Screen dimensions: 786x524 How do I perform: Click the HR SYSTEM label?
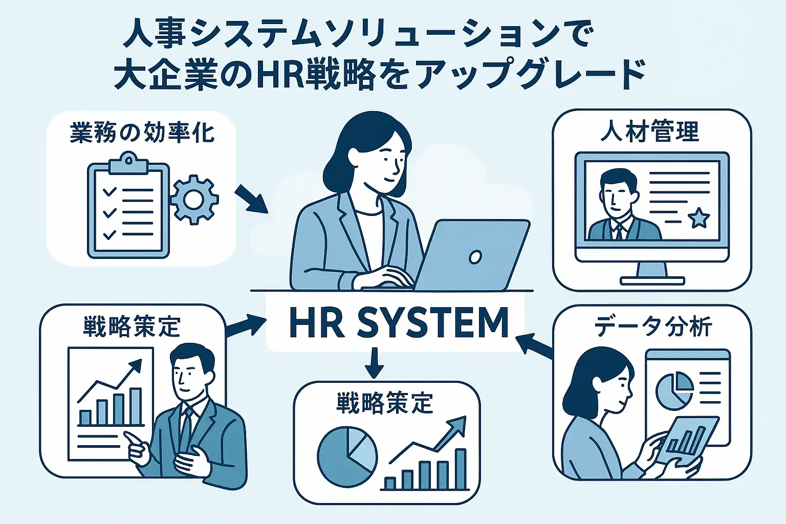point(399,322)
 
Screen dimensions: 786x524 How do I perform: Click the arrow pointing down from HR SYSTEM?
point(374,363)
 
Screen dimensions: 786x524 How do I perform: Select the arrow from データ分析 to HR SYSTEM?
point(534,346)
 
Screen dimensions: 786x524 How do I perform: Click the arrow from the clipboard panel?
point(251,199)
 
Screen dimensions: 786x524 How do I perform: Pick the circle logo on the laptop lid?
point(475,257)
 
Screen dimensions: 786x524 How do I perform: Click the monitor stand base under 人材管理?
point(652,281)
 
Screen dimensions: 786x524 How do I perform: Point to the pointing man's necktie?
point(186,426)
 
